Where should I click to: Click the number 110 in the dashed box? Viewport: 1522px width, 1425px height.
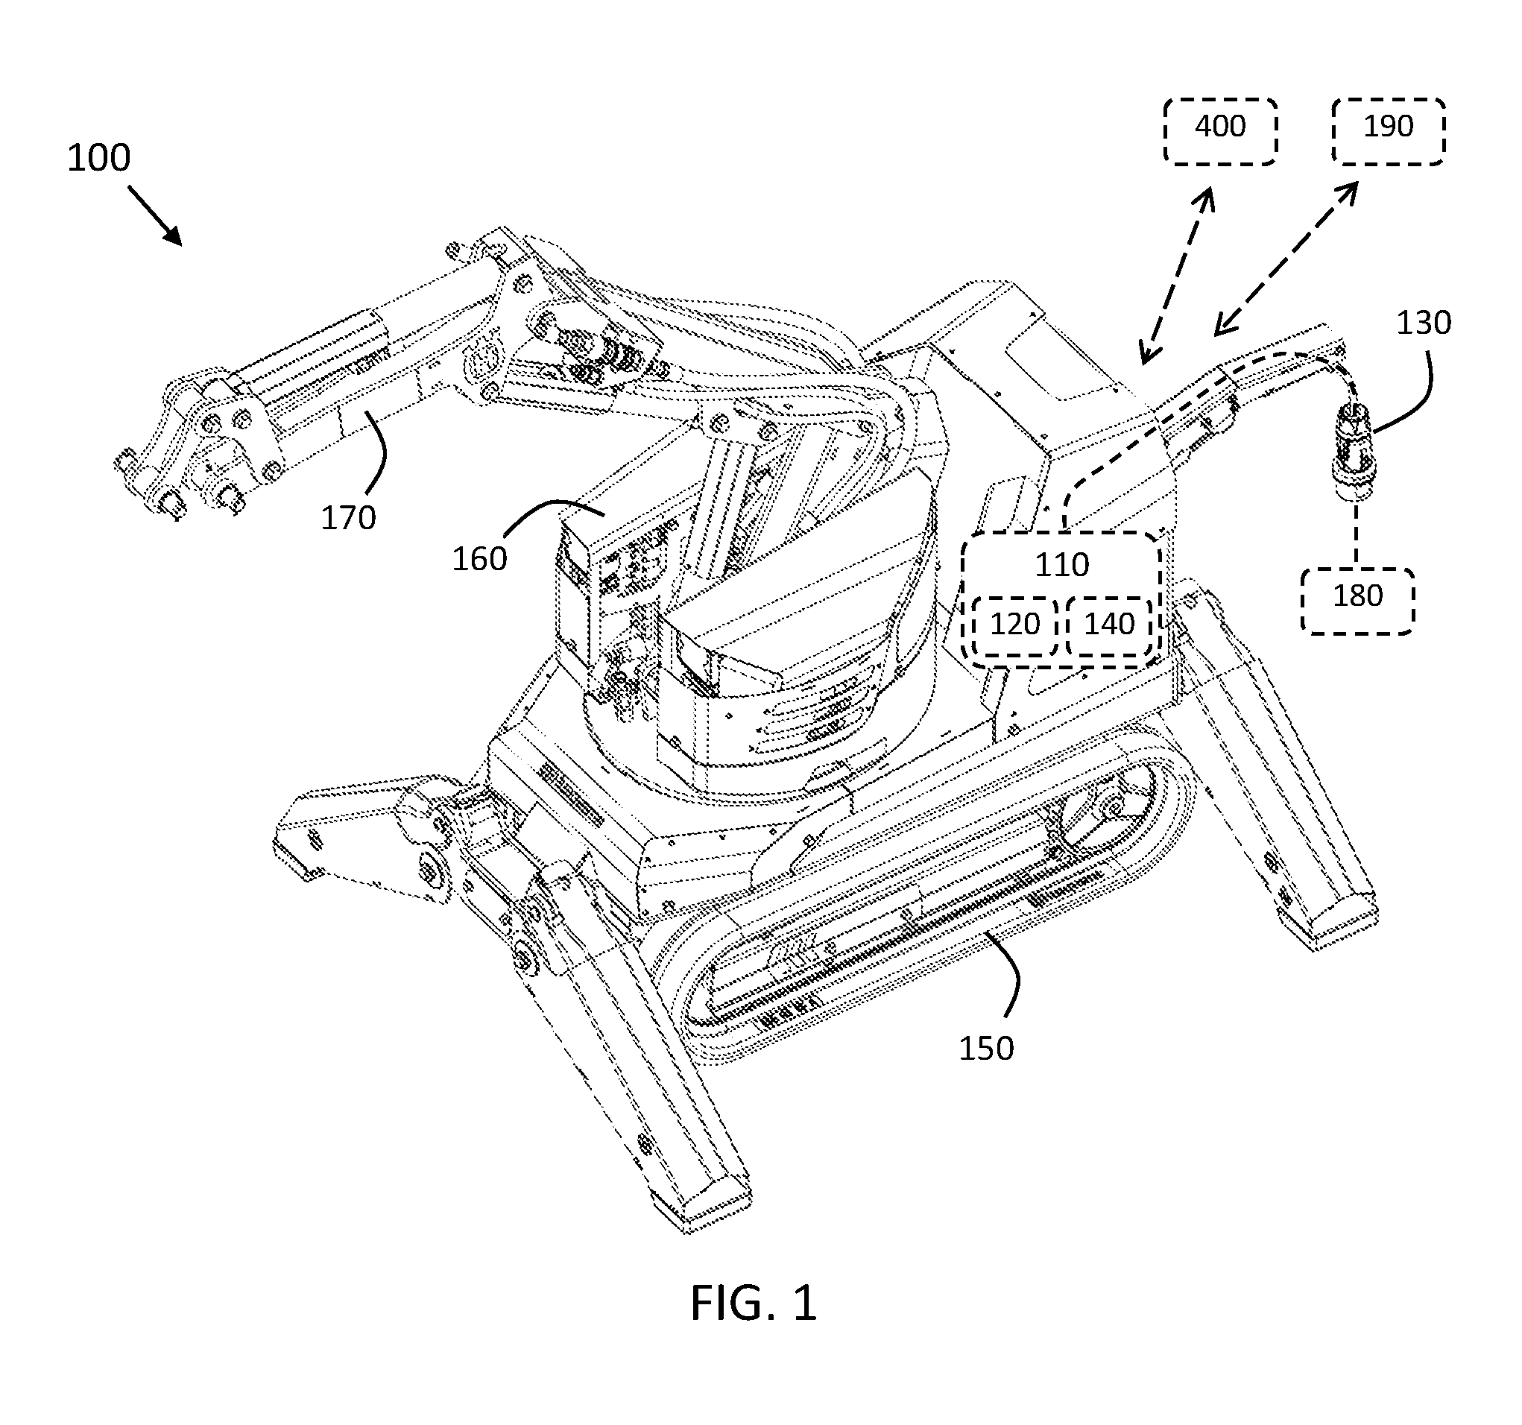click(1062, 565)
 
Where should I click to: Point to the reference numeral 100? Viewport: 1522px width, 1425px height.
click(99, 158)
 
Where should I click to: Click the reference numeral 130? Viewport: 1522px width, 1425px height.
click(1423, 323)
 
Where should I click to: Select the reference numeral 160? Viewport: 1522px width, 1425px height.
click(479, 559)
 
